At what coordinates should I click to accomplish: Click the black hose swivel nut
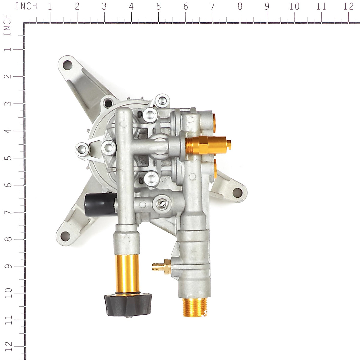128,304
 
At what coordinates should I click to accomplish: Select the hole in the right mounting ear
237,191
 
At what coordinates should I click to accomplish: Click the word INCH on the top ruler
26,6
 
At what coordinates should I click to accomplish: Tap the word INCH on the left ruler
7,25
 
